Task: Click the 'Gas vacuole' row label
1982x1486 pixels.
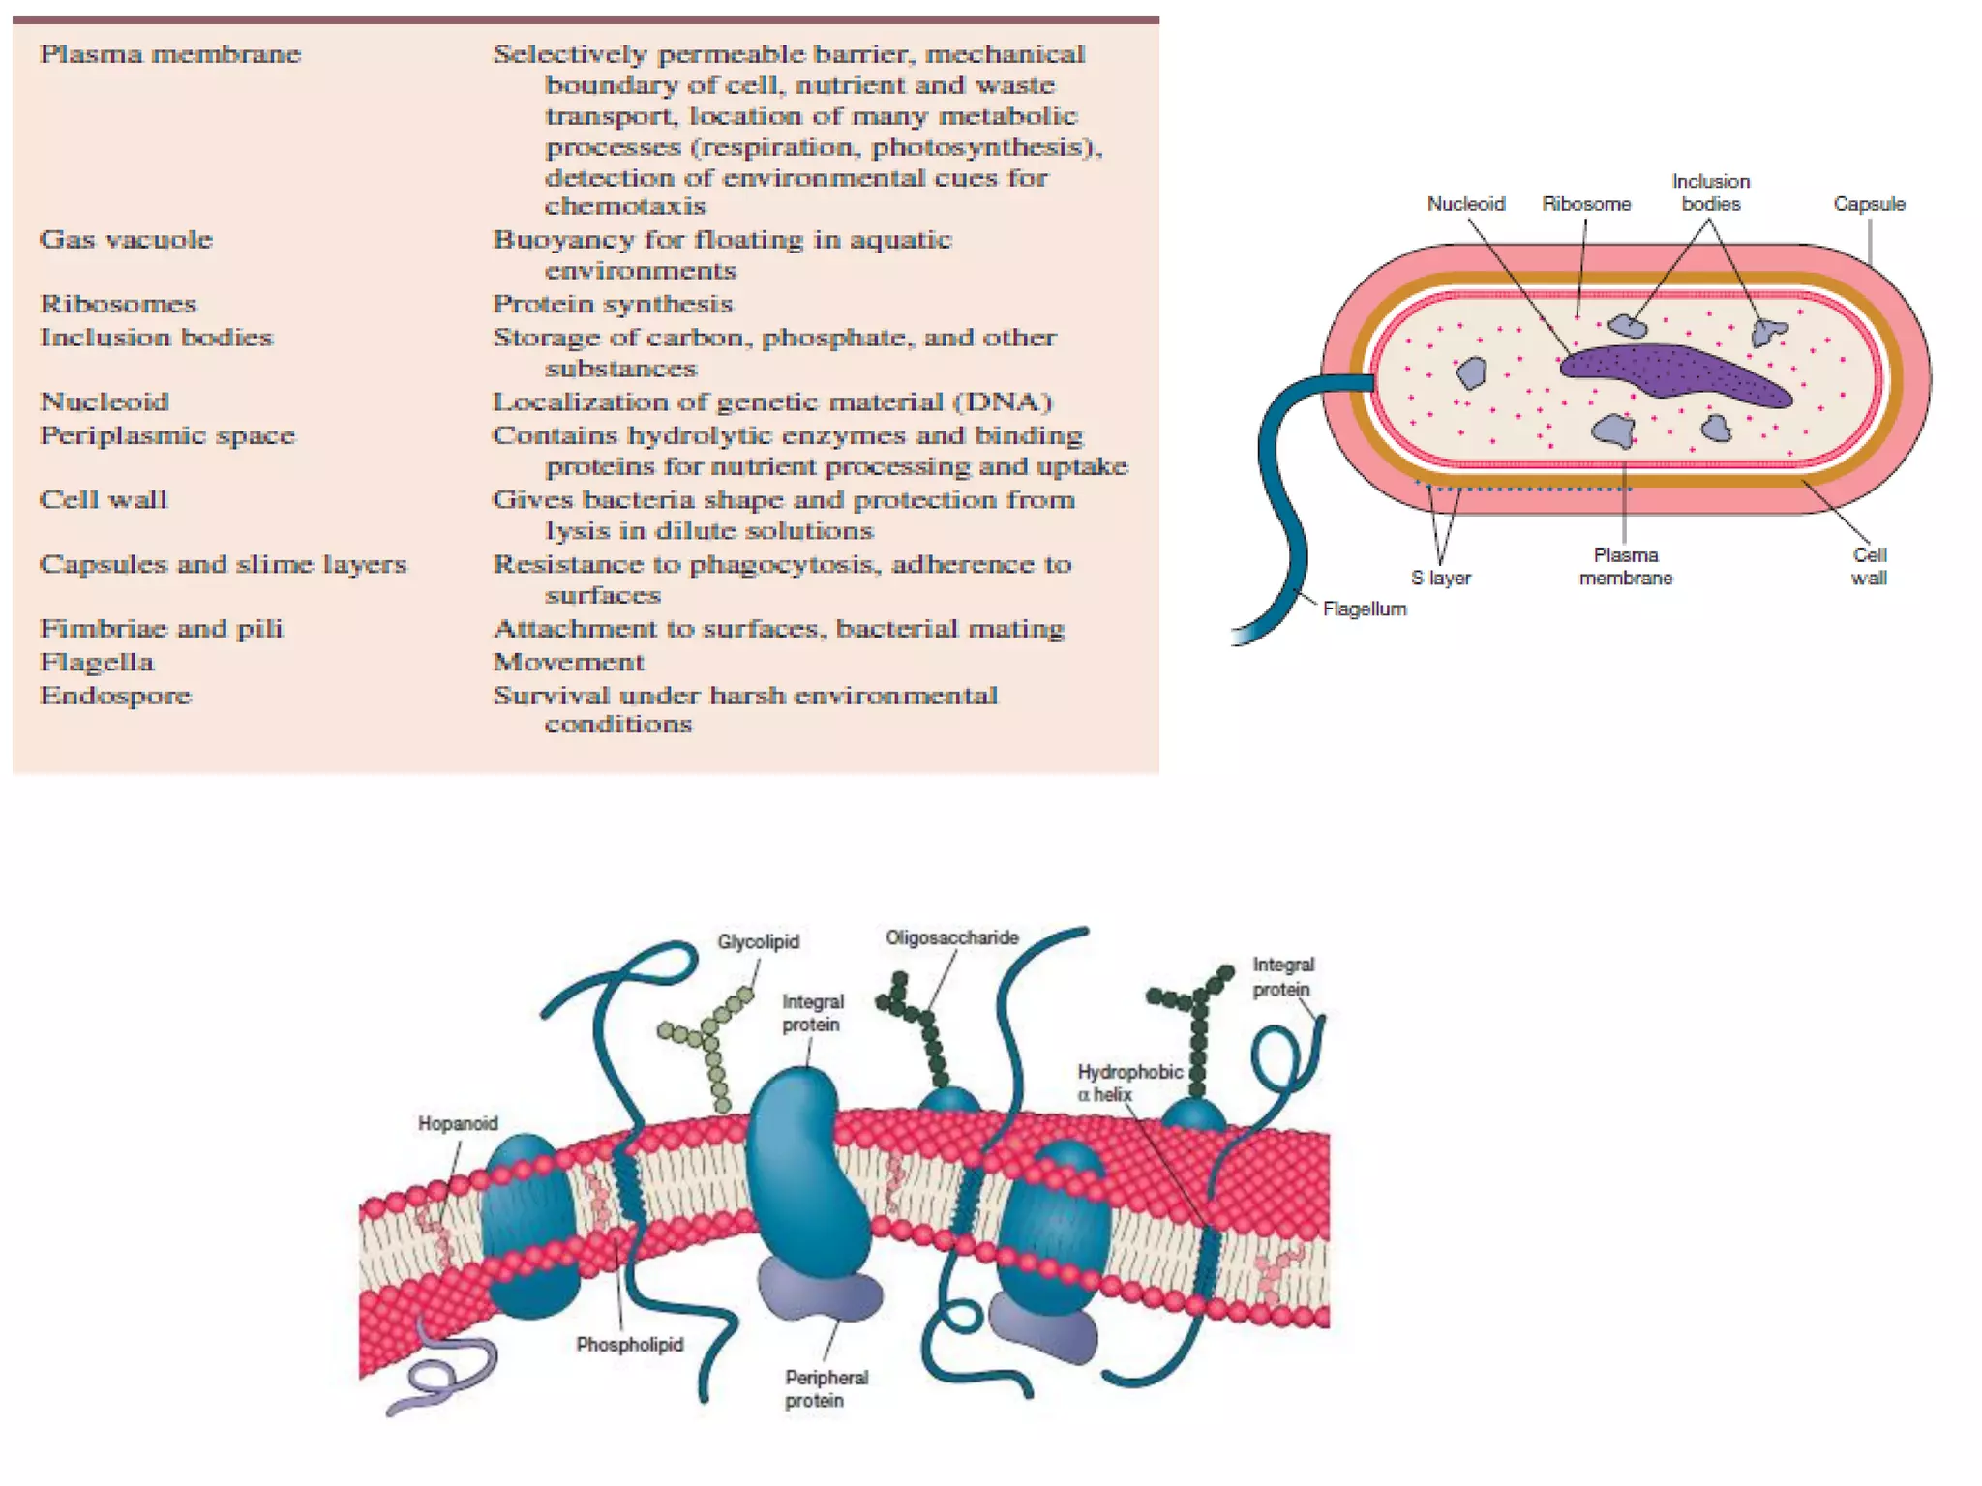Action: tap(126, 239)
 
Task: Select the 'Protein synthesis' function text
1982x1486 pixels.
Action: tap(613, 304)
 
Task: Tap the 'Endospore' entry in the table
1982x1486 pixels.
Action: tap(115, 696)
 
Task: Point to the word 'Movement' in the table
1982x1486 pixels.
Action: tap(568, 662)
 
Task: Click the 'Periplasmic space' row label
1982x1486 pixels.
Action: tap(167, 435)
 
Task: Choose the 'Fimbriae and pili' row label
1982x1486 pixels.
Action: tap(161, 629)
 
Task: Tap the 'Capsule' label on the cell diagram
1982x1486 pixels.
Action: tap(1869, 204)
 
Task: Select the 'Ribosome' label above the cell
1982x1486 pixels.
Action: tap(1586, 204)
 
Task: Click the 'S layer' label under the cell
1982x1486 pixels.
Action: tap(1440, 578)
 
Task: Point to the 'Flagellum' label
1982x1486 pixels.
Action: tap(1365, 609)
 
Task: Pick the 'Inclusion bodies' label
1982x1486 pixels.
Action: tap(1710, 193)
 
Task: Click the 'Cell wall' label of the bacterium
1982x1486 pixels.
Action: tap(1869, 566)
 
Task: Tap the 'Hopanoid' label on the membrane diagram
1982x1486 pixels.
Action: tap(458, 1123)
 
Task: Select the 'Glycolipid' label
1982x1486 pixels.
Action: tap(758, 941)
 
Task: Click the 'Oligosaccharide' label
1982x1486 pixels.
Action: tap(951, 937)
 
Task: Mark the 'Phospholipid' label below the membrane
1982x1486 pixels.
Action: tap(629, 1344)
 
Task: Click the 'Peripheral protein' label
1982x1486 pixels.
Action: tap(826, 1388)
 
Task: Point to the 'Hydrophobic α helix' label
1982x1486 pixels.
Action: tap(1128, 1083)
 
